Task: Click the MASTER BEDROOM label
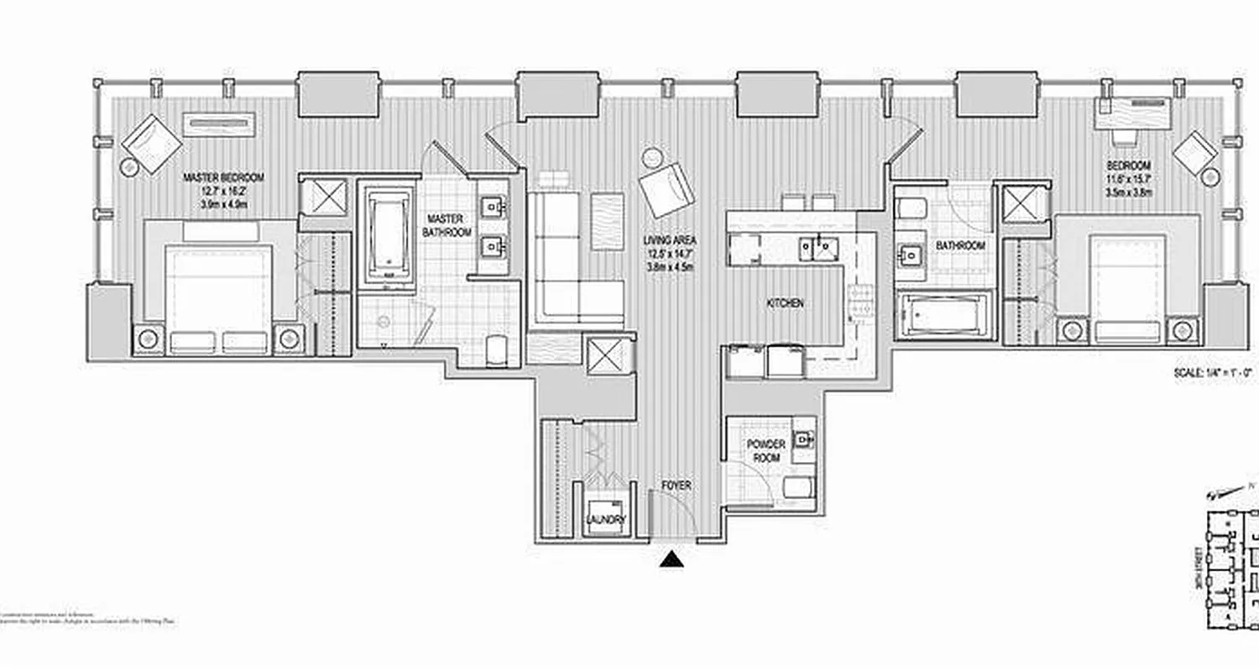pyautogui.click(x=223, y=177)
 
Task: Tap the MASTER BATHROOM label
pyautogui.click(x=447, y=225)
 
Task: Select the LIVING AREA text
pyautogui.click(x=671, y=240)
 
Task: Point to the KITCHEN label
pyautogui.click(x=784, y=302)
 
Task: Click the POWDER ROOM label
pyautogui.click(x=766, y=451)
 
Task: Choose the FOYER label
pyautogui.click(x=675, y=486)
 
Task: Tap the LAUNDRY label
pyautogui.click(x=605, y=520)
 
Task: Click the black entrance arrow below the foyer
pyautogui.click(x=671, y=559)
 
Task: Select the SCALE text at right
pyautogui.click(x=1213, y=370)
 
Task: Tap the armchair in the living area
pyautogui.click(x=667, y=189)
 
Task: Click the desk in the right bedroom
pyautogui.click(x=1132, y=112)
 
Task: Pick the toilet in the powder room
pyautogui.click(x=797, y=487)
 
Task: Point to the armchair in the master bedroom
pyautogui.click(x=151, y=143)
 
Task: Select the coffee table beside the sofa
pyautogui.click(x=607, y=221)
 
